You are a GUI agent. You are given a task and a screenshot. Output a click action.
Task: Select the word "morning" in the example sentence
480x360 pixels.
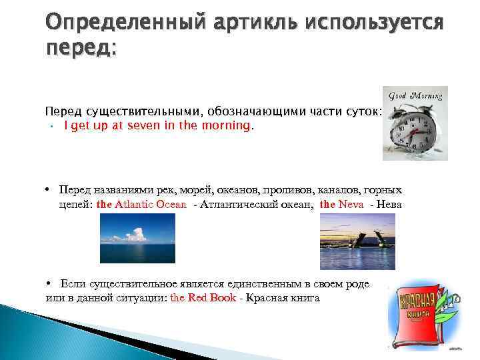click(229, 125)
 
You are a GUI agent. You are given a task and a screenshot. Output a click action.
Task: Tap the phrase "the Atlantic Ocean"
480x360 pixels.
click(141, 205)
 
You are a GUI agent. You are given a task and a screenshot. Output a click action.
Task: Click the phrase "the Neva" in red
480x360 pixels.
click(341, 205)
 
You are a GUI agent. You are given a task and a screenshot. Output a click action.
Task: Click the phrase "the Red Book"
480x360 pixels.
click(203, 298)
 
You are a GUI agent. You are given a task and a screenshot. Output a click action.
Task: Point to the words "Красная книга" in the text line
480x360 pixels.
click(283, 298)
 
